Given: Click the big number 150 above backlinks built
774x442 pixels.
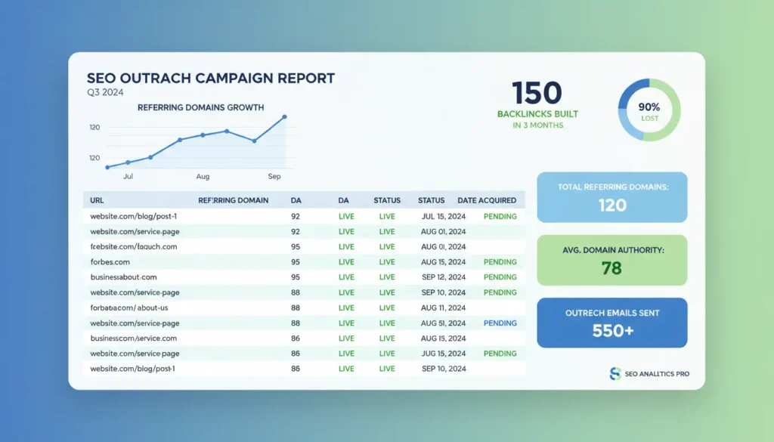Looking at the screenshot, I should (x=537, y=93).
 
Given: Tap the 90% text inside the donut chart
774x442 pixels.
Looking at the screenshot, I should (x=649, y=107).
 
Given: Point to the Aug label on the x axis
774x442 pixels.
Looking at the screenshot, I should (x=203, y=176).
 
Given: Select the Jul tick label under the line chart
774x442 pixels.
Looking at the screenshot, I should (x=128, y=176).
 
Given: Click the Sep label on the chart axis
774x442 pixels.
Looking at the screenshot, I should (x=274, y=176).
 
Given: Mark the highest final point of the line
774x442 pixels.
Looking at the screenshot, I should (x=284, y=116).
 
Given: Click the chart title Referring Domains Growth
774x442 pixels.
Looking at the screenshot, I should (x=200, y=107).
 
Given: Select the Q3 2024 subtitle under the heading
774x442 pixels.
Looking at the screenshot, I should (x=105, y=92).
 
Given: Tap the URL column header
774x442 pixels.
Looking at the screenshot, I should (x=97, y=200).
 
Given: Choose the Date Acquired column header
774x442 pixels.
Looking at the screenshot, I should (x=487, y=200).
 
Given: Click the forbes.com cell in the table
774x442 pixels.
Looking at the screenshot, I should (x=110, y=262).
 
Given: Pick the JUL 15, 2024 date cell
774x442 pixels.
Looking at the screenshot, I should (x=444, y=216).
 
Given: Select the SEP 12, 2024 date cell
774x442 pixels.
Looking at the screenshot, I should (x=444, y=277).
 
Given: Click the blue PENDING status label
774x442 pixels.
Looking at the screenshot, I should (x=500, y=323).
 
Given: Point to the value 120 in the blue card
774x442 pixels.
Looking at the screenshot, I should (x=612, y=205).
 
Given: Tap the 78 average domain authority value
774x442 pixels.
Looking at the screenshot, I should (x=611, y=267).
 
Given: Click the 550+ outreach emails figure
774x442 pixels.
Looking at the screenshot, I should (x=611, y=330).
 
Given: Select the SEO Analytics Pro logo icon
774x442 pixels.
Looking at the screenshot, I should (x=615, y=373).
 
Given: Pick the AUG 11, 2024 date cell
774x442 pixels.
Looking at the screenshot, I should (x=444, y=308).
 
